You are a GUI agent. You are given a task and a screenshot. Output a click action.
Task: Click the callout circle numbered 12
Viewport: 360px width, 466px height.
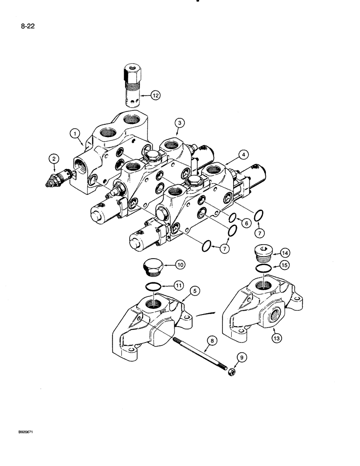[155, 96]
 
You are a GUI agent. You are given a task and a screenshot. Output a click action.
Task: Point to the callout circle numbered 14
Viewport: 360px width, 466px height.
[285, 254]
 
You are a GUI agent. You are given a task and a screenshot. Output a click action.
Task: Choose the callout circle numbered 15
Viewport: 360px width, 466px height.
[285, 266]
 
